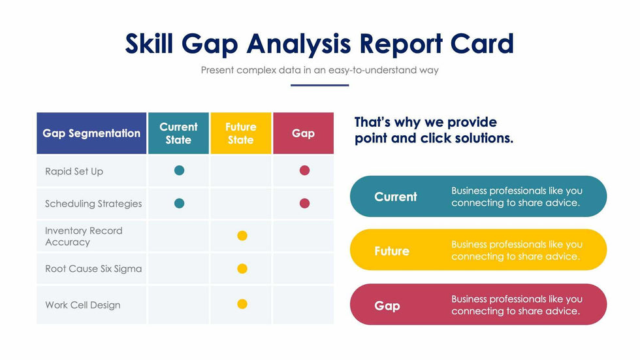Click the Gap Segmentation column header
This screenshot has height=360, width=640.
tap(91, 133)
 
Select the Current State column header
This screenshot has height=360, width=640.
tap(178, 133)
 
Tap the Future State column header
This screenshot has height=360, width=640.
tap(240, 133)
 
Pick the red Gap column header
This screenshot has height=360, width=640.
tap(303, 133)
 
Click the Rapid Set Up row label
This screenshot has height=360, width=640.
tap(74, 171)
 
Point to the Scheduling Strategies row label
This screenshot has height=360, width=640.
tap(93, 204)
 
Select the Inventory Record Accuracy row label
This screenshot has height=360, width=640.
tap(83, 237)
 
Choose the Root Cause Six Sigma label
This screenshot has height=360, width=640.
tap(93, 269)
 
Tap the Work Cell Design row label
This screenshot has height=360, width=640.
tap(82, 305)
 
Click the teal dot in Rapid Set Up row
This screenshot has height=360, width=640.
tap(180, 171)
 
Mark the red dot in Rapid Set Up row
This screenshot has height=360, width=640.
tap(304, 171)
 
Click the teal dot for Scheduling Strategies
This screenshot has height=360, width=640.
tap(180, 203)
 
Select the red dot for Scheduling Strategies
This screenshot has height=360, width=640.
tap(304, 203)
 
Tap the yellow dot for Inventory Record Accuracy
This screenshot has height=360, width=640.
tap(242, 236)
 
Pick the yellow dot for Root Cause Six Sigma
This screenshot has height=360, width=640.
tap(242, 269)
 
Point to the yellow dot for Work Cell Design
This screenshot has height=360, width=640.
tap(242, 304)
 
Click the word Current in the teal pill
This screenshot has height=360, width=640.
tap(396, 197)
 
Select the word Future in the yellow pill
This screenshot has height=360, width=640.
tap(392, 251)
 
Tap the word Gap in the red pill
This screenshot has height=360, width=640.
tap(387, 306)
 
